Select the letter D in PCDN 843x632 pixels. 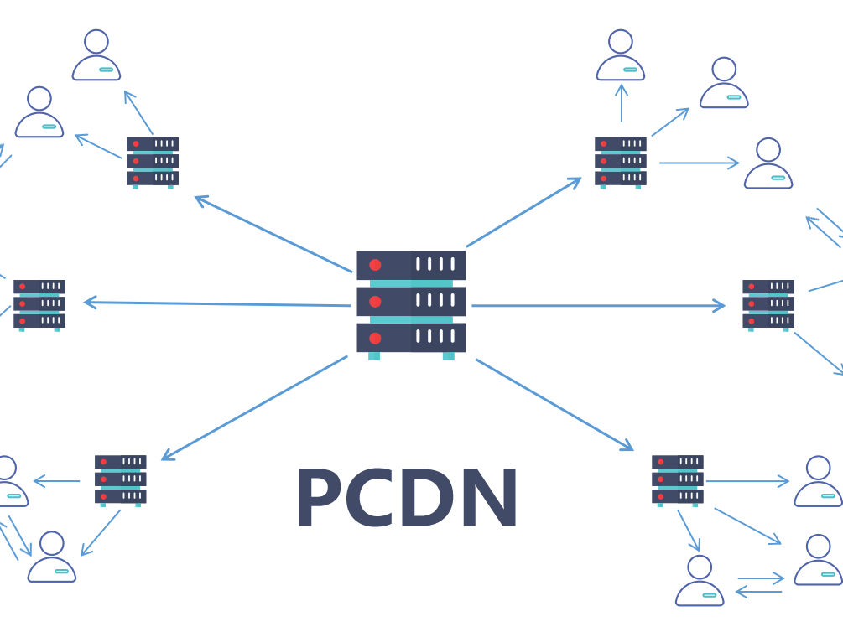pos(431,497)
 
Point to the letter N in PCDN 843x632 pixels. pos(489,497)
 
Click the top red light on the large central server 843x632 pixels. pos(375,265)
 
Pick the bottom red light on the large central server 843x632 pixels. pos(375,339)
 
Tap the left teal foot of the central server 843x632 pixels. pos(374,356)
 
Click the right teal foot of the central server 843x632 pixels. pos(448,356)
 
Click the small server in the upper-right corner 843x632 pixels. pos(621,161)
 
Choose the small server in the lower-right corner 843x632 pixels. pos(678,479)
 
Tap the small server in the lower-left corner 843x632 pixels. pos(121,479)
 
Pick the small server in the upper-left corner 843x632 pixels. pos(153,161)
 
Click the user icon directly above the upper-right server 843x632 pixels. pos(621,55)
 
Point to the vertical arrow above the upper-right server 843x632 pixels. pos(621,101)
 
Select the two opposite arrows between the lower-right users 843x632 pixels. pos(758,585)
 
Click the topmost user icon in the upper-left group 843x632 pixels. pos(96,55)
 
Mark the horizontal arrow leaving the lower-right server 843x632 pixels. pos(747,481)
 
